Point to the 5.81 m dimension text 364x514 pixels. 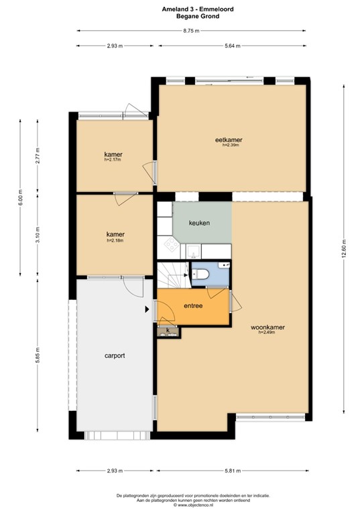tap(233, 471)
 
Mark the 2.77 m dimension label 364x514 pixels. tap(38, 155)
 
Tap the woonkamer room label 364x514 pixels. tap(267, 327)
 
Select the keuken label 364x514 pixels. tap(200, 222)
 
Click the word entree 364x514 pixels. tap(193, 306)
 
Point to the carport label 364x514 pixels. tap(115, 355)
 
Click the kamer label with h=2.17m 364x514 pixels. tap(113, 155)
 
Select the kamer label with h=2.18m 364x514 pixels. tap(115, 234)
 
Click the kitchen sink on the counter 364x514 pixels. tap(192, 251)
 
